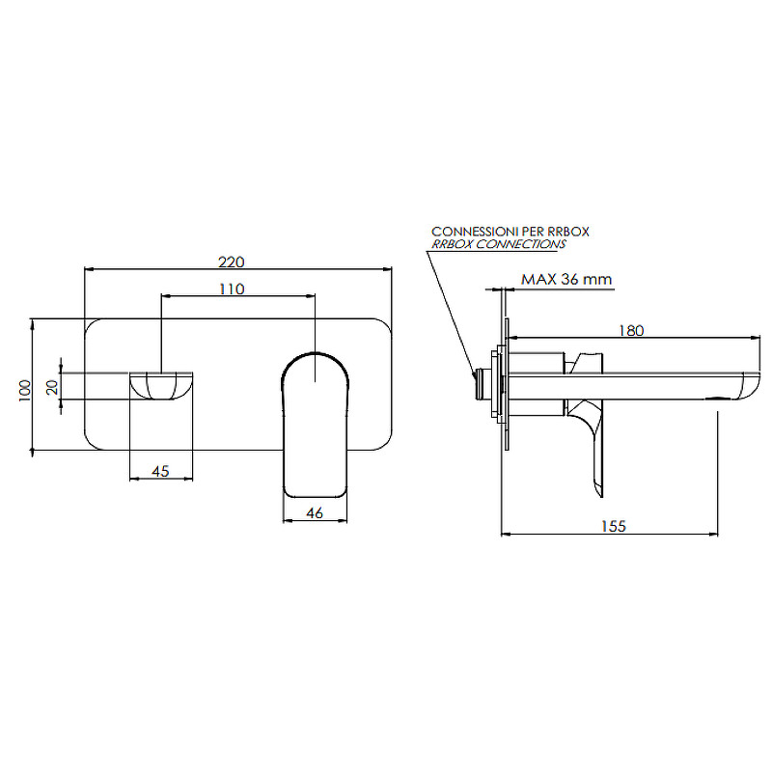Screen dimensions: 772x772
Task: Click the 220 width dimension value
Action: tap(232, 262)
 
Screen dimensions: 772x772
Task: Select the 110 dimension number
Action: tap(232, 289)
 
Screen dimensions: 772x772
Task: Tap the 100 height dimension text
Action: tap(25, 391)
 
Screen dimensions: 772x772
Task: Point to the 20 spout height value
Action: tap(52, 387)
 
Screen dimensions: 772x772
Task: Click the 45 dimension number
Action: tap(160, 471)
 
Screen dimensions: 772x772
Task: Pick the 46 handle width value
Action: tap(315, 513)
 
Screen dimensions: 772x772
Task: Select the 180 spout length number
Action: tap(631, 330)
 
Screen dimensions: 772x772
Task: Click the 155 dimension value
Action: tap(614, 526)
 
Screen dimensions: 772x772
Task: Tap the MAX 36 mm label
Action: tap(566, 279)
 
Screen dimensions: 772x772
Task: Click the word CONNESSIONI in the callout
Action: tap(475, 232)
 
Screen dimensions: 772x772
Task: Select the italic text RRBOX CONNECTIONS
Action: tap(499, 244)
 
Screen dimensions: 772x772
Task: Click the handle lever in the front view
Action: tap(316, 425)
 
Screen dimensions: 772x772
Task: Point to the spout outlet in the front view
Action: tap(161, 385)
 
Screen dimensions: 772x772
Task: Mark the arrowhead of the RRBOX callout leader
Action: tap(474, 373)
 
